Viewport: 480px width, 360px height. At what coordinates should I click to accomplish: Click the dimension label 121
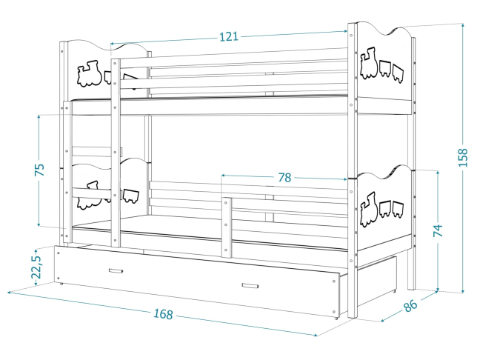tap(227, 37)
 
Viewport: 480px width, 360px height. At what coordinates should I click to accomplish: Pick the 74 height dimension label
tap(439, 230)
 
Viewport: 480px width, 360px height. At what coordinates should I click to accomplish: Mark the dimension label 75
tap(41, 170)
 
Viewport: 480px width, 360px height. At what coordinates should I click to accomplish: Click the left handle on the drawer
tap(116, 270)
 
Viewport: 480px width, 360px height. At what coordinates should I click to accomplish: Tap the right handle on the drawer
tap(250, 286)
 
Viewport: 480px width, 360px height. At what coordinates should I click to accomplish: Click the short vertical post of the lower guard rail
tap(225, 227)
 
